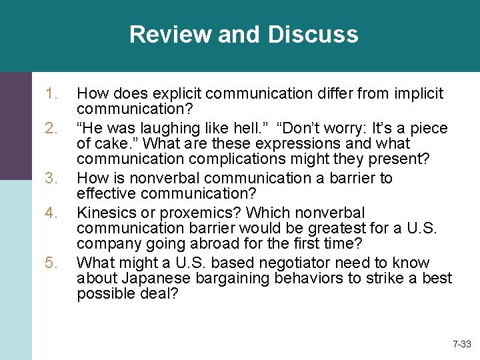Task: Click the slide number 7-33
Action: pos(461,345)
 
